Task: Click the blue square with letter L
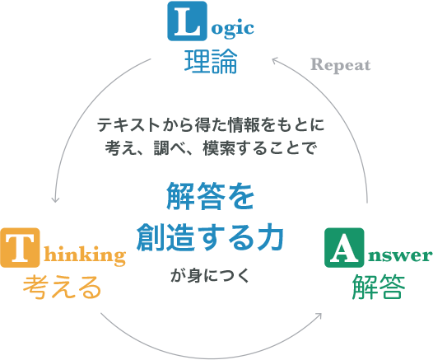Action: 187,21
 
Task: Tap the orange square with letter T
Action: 20,248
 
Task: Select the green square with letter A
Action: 344,248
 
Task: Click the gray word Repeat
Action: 341,65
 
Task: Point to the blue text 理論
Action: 211,62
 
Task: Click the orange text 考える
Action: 62,288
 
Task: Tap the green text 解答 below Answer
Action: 379,288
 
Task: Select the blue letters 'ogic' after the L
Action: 232,28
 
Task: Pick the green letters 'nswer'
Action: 399,255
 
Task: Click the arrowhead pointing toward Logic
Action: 274,59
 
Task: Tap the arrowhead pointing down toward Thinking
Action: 55,199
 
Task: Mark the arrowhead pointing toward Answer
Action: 319,316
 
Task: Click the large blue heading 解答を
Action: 210,196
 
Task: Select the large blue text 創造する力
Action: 210,237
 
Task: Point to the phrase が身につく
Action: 210,276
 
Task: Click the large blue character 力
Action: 270,237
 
